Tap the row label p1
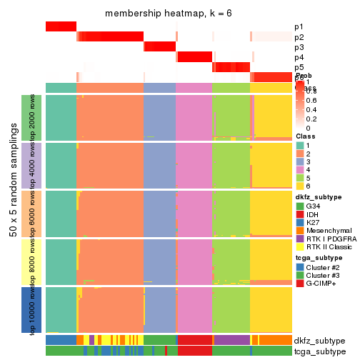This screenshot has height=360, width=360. click(x=299, y=27)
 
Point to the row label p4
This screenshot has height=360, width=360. click(x=299, y=57)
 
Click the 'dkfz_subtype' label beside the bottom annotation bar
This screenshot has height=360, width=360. click(x=319, y=341)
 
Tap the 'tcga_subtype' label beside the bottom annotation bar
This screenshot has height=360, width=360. click(x=319, y=351)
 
